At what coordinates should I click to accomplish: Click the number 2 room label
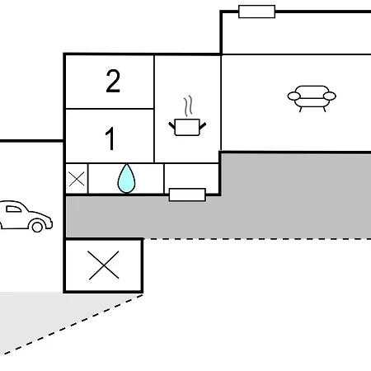point(113,81)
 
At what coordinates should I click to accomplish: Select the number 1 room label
point(110,139)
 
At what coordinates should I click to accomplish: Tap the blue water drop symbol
point(126,179)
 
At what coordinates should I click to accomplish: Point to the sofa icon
point(312,98)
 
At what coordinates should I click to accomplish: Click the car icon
point(26,217)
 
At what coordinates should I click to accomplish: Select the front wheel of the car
point(37,227)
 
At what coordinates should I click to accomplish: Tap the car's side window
point(13,209)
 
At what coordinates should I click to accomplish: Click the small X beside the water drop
point(77,179)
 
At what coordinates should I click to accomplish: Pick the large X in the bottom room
point(104,265)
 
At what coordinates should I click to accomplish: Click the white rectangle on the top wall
point(256,12)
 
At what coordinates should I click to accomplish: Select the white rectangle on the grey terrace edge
point(187,195)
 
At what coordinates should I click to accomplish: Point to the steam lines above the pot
point(188,106)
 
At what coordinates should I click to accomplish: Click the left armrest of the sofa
point(294,96)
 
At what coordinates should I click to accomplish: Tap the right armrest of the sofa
point(330,96)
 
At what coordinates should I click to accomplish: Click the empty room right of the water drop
point(191,176)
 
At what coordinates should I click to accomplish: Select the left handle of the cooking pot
point(172,126)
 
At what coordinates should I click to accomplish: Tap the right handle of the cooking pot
point(203,126)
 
